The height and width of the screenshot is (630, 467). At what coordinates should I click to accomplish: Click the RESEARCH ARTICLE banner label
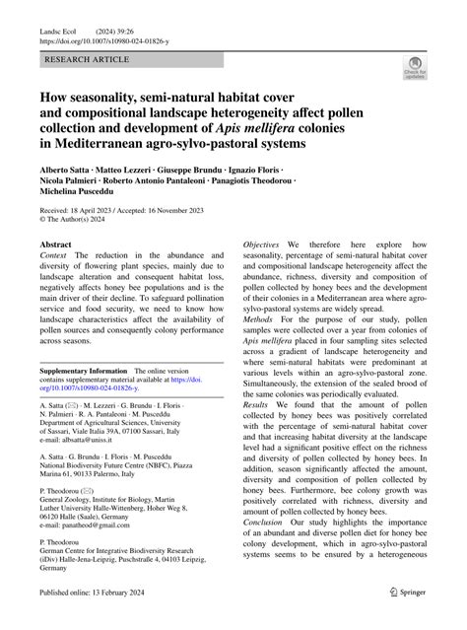point(86,60)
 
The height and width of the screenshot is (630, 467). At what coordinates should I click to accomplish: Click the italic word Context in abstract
point(54,255)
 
